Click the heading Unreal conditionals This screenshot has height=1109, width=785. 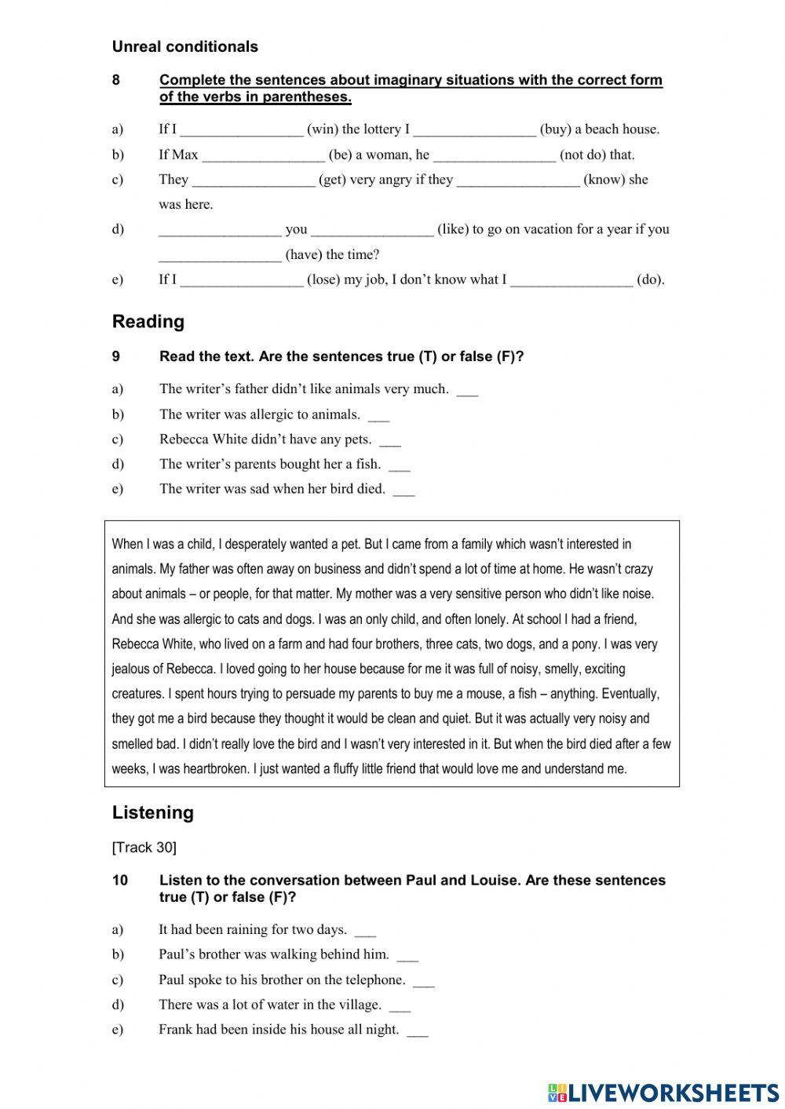184,46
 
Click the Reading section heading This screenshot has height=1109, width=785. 148,322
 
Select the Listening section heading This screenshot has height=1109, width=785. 152,812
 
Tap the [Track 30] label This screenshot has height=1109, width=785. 144,847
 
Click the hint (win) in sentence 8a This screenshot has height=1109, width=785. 322,130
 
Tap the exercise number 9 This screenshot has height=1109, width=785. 116,356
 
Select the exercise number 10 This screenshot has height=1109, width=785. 119,880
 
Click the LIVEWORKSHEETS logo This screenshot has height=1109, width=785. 663,1092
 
